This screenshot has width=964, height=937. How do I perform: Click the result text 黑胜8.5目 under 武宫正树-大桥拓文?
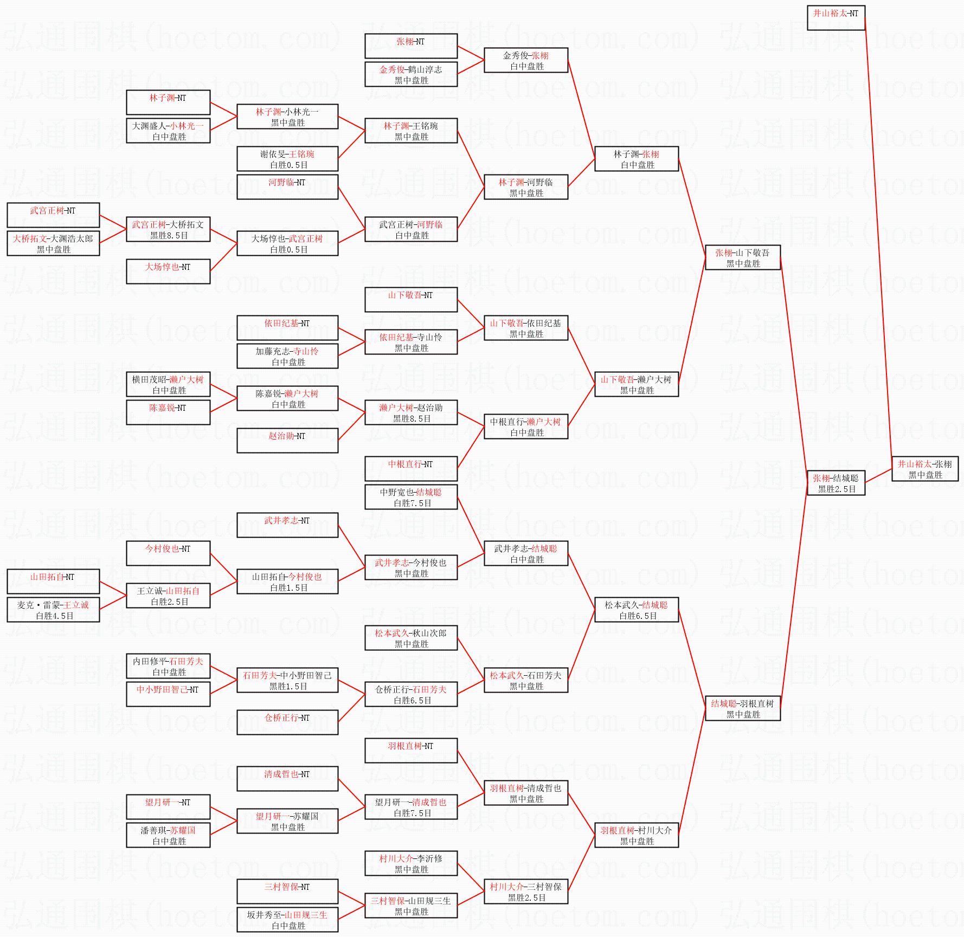[x=169, y=236]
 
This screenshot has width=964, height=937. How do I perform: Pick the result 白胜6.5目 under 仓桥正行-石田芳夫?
[x=412, y=701]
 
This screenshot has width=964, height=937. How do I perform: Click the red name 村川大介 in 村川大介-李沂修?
[x=396, y=858]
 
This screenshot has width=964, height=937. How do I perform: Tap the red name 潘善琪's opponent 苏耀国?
[x=182, y=830]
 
